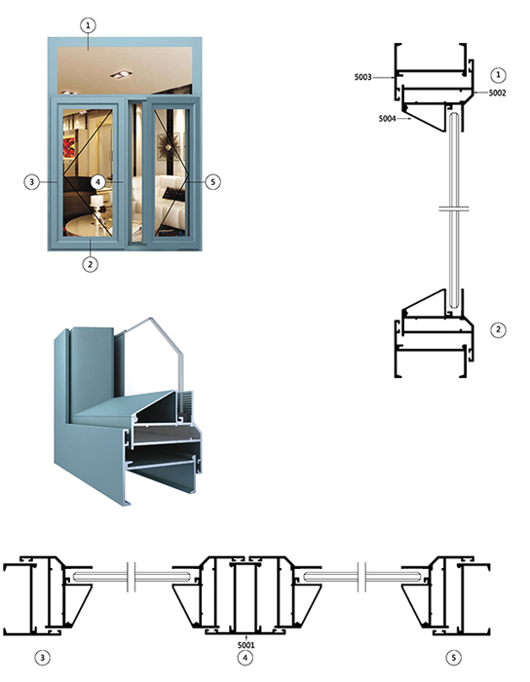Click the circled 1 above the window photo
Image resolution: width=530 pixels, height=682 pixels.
point(88,25)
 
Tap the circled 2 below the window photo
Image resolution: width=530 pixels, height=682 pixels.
point(90,264)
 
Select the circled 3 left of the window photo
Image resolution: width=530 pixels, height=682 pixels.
point(31,181)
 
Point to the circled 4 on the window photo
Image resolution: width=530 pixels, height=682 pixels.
point(97,181)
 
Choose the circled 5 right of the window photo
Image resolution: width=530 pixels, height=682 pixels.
point(212,181)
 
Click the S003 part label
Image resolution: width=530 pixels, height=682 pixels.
point(362,77)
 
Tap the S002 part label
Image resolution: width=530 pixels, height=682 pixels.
point(498,93)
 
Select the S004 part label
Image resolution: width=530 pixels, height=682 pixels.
point(387,118)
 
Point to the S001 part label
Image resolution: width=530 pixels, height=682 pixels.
point(246,645)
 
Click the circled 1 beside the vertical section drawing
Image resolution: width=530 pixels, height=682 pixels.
point(498,75)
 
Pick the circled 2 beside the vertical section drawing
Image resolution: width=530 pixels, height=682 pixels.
point(498,329)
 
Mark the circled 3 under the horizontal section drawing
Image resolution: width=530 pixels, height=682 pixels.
point(42,658)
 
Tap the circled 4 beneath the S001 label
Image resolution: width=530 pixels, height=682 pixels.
point(246,658)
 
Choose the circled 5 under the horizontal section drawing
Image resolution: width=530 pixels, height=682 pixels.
point(454,658)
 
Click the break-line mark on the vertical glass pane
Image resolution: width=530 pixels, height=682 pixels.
point(453,208)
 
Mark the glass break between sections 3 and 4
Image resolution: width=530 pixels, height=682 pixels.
point(132,577)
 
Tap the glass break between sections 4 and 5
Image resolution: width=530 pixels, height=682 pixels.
point(361,577)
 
